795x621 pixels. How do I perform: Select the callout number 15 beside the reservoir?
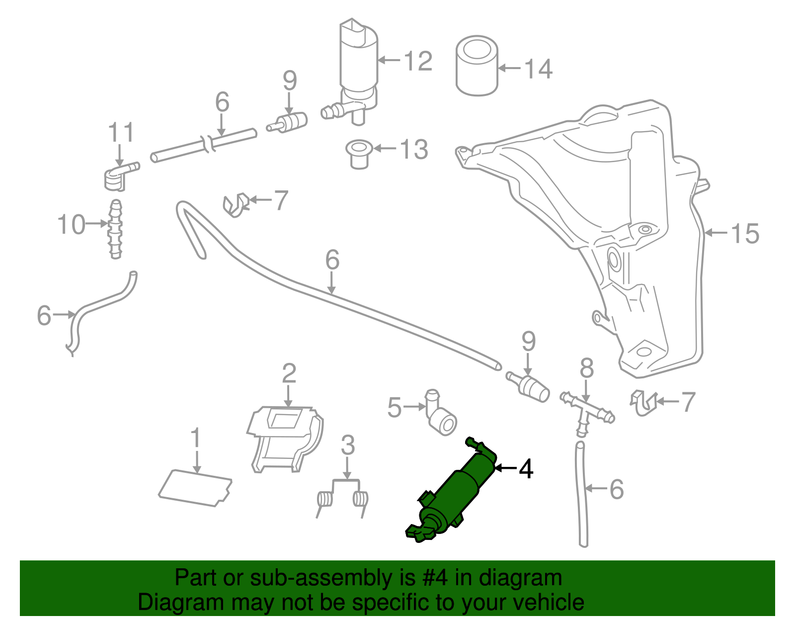745,233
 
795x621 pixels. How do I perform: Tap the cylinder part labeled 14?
477,66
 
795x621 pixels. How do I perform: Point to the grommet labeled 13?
359,154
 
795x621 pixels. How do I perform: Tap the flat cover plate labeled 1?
195,488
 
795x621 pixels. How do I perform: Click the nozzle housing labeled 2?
285,438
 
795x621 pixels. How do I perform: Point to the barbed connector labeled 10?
115,229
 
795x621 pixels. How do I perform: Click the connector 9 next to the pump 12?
290,122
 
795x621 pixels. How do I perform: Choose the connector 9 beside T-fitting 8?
529,386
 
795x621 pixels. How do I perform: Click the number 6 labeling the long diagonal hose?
332,260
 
